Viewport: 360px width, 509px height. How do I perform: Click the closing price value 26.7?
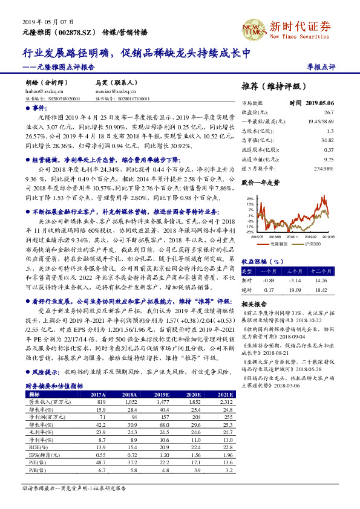click(329, 112)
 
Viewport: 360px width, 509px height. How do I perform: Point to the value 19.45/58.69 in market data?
click(322, 122)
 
